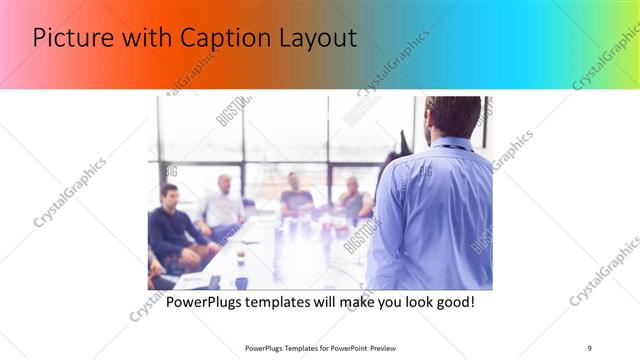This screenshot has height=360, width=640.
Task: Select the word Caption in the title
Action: click(x=218, y=39)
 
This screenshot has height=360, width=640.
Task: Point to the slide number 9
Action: click(x=590, y=347)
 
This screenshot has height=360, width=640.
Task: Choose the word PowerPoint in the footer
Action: click(x=346, y=347)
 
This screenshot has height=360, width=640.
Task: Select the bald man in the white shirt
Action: click(x=223, y=205)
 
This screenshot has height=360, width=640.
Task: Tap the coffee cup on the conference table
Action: click(x=240, y=257)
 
